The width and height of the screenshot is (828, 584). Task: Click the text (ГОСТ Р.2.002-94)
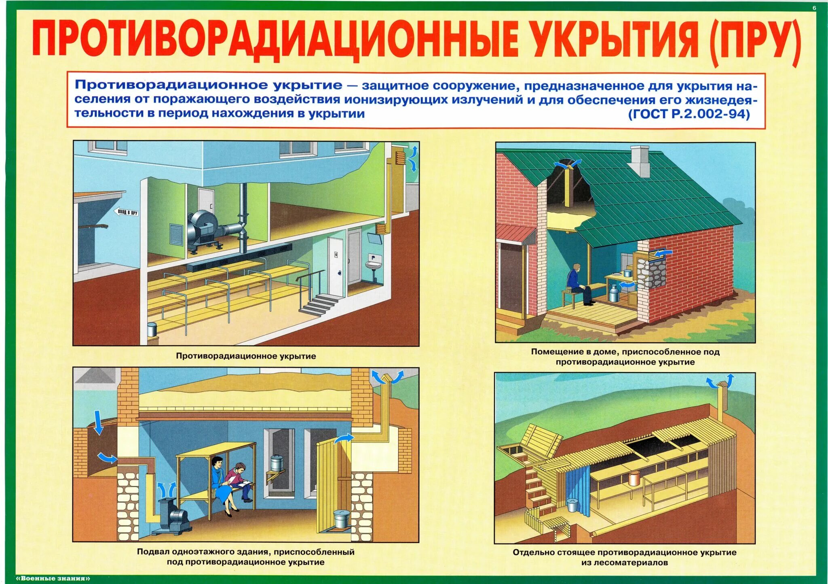coord(689,114)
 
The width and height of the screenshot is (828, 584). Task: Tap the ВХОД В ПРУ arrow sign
coord(127,212)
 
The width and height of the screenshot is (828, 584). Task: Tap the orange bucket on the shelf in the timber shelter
coord(633,478)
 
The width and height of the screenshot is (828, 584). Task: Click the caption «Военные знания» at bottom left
coord(53,578)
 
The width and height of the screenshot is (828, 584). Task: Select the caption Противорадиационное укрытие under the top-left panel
coord(246,356)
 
